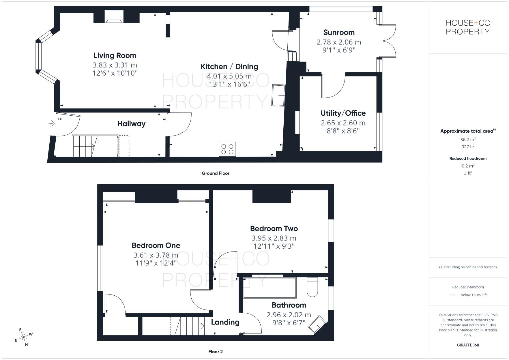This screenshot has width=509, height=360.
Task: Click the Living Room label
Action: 115,56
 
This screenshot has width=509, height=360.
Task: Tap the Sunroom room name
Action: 339,32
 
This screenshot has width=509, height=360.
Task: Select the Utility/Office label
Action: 343,113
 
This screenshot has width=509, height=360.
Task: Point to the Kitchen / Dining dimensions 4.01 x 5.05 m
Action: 229,76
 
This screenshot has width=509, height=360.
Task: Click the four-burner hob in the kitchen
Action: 227,149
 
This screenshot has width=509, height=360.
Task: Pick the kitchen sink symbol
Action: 278,95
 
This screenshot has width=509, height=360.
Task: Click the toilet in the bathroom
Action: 312,288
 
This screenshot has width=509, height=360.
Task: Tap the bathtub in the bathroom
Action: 269,288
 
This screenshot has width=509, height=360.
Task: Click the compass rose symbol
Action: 23,337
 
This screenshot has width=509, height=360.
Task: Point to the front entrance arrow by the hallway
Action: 51,124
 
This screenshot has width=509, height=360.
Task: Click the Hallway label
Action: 131,124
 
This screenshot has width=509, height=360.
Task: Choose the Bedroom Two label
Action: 274,229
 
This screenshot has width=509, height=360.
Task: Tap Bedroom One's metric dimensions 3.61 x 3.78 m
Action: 156,255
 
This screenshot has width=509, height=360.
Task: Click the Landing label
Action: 225,322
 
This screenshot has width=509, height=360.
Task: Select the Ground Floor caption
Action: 215,173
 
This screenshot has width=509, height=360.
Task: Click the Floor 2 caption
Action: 215,352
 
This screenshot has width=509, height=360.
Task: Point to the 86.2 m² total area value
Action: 468,140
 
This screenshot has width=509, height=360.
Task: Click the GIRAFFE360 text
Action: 468,345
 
